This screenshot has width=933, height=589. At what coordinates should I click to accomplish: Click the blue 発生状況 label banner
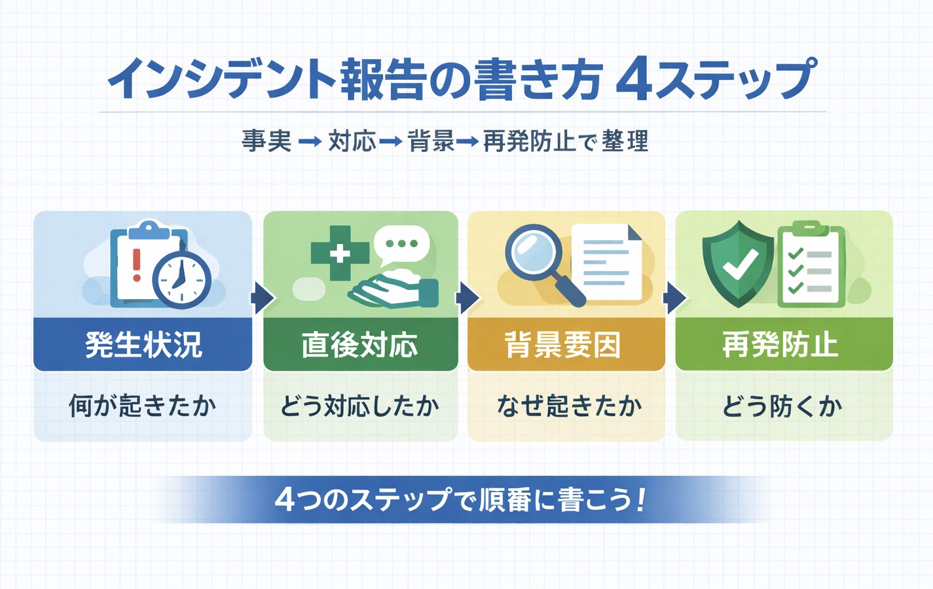point(143,344)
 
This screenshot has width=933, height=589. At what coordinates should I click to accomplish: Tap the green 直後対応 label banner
point(360,344)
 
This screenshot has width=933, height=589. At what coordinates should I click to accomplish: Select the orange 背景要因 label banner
point(566,344)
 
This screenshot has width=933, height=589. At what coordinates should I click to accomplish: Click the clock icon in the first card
point(181,279)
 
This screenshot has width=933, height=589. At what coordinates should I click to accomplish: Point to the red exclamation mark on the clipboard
point(136,264)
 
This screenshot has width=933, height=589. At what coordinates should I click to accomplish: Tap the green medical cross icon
point(340,253)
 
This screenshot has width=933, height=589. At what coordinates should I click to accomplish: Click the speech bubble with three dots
point(401,244)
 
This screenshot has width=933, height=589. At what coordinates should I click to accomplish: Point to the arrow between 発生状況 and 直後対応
point(261,299)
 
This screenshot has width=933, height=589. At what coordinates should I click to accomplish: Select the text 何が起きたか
point(143,406)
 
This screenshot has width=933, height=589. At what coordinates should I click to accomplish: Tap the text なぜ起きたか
point(569,406)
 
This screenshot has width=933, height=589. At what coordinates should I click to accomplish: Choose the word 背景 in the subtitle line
point(431,141)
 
